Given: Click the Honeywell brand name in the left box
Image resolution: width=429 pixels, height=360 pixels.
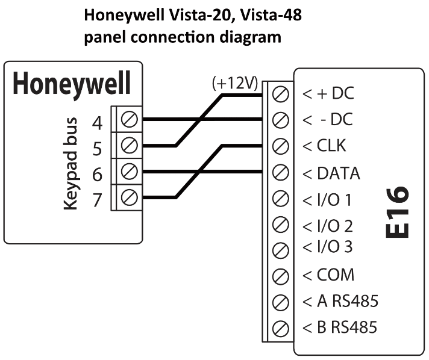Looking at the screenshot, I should pos(72,85).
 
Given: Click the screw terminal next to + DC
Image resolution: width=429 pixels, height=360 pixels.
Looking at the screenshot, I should pos(280,93).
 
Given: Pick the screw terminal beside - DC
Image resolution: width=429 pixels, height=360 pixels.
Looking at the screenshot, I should pos(280,119).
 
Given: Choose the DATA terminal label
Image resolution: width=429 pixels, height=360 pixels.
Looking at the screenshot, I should pos(330,173).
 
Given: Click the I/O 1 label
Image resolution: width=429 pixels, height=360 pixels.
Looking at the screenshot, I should pos(328,199).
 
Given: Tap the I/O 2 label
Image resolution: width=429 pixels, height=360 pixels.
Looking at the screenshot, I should pos(328,226).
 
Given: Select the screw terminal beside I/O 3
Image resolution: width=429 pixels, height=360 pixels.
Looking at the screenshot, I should pos(280,249).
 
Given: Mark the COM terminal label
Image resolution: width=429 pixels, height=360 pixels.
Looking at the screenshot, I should pos(328,275).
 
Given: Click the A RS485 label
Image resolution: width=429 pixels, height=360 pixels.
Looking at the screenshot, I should pos(340,301).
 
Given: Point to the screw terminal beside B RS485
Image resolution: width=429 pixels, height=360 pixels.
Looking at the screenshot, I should pos(280,328).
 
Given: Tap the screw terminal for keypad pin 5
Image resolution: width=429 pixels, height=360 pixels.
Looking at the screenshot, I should pos(128,145).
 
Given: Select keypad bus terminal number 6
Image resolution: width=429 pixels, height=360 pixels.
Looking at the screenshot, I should pos(97,175).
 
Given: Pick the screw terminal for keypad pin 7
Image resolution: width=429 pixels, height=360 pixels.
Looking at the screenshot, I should pos(128,197).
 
